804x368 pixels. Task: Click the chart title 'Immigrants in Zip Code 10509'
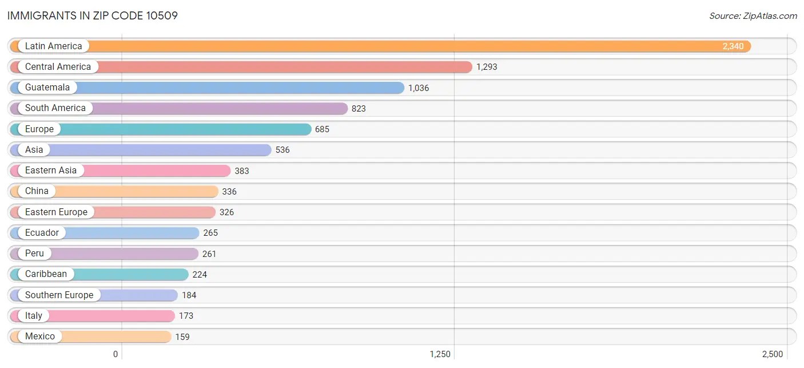[93, 15]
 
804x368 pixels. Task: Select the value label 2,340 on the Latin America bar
[733, 46]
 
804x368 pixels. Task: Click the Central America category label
[58, 67]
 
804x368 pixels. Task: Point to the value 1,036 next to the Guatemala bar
[418, 88]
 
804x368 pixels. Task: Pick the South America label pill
[55, 108]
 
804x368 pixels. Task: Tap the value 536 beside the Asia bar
[282, 150]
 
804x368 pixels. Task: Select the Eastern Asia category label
[50, 171]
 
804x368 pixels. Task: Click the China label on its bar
[37, 191]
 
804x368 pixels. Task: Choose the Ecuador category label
[42, 233]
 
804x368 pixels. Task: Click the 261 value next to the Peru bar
[209, 254]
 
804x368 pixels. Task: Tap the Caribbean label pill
[46, 274]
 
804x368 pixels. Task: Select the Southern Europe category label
[59, 295]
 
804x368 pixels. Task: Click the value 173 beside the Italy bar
[186, 316]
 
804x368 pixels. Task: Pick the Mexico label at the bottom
[40, 337]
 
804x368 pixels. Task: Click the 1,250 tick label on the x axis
[440, 354]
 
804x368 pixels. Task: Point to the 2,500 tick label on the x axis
[771, 354]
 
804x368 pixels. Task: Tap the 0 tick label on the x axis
[116, 354]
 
